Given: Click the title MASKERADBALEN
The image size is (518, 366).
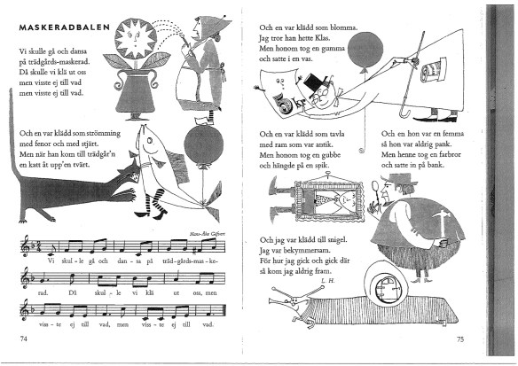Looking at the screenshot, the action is pos(65,27).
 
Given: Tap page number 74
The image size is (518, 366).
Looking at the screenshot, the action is pos(23,339).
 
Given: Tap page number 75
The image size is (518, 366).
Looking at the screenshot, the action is pos(460,339).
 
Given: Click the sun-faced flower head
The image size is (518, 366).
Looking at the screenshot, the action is pos(136,39).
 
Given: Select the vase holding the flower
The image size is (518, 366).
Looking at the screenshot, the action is pos(136,93).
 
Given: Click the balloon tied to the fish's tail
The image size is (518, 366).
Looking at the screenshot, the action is pos(203,145).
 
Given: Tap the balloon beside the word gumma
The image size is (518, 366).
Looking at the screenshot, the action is pos(365,51).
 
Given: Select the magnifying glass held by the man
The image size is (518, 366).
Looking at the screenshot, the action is pos(376,187).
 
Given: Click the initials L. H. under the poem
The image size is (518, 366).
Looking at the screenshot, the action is pos(327,281).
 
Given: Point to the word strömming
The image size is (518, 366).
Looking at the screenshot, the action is pos(104,134).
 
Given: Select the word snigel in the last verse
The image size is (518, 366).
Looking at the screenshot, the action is pos(337,240).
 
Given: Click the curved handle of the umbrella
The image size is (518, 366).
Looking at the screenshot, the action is pos(405,113).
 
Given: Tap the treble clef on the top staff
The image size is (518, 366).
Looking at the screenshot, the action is pos(26,245).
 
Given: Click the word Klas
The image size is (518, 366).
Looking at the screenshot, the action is pos(323,38).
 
